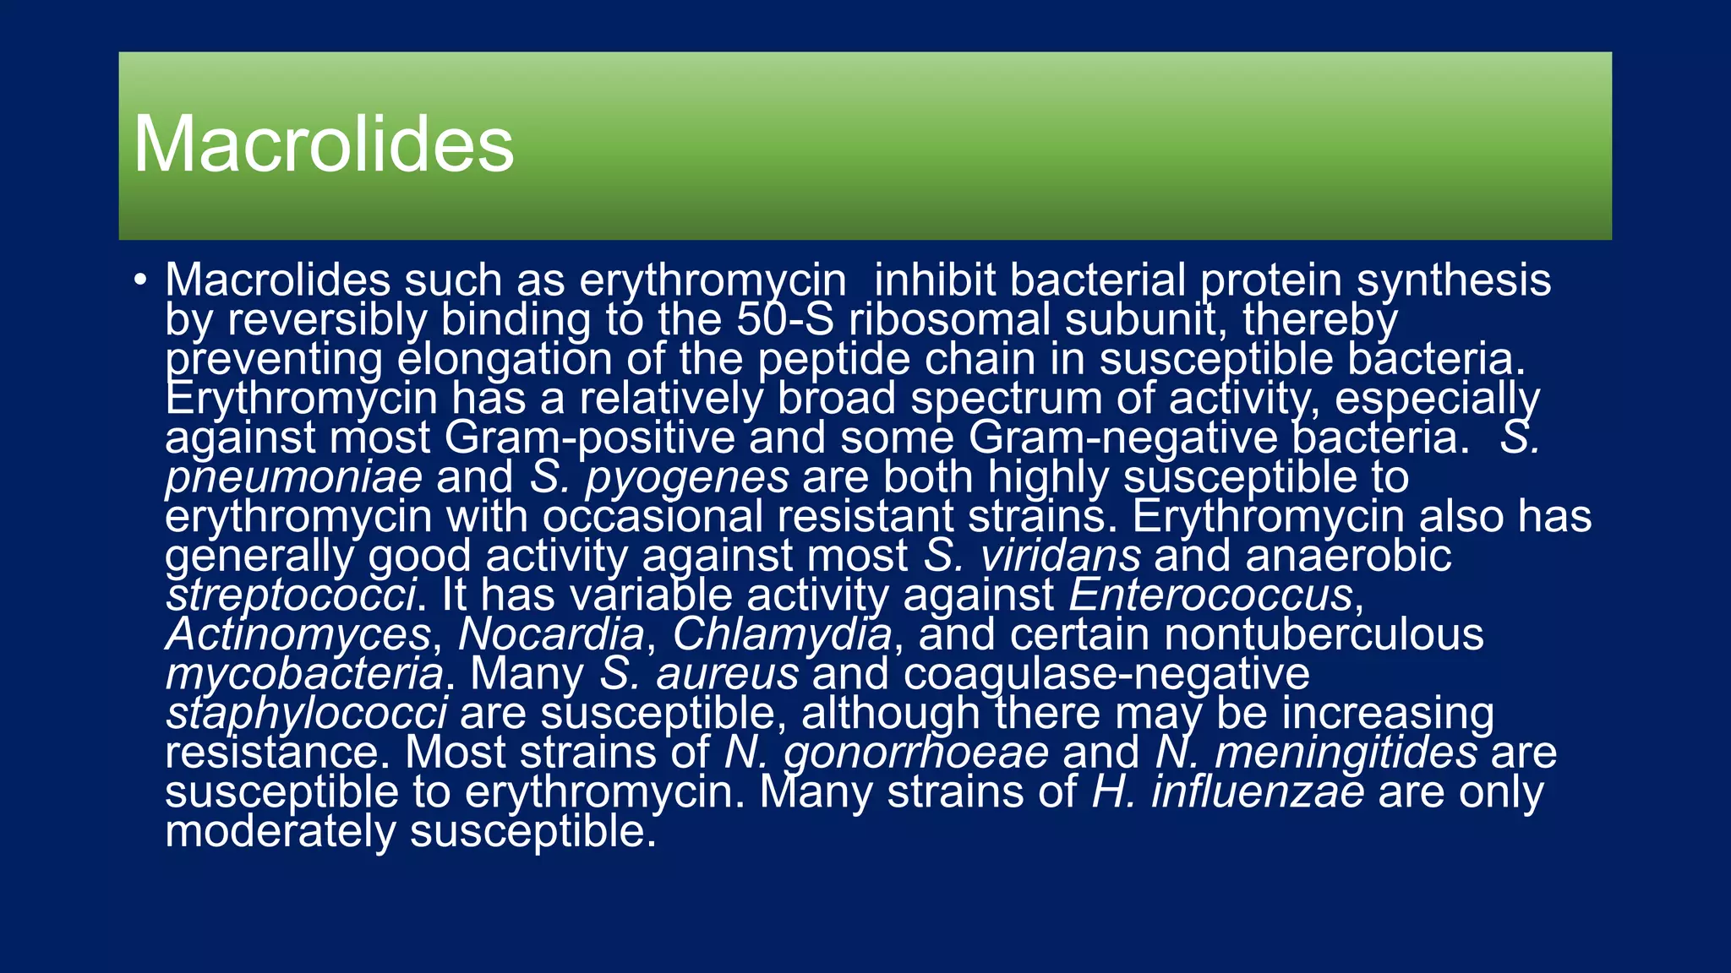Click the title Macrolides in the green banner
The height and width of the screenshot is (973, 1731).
coord(324,144)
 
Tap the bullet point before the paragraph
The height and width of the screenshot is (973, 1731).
coord(140,280)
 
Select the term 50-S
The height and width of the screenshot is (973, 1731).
coord(785,319)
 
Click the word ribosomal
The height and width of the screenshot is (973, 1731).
coord(949,319)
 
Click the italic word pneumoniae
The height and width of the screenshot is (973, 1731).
coord(293,477)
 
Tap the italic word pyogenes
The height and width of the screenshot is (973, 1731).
coord(687,477)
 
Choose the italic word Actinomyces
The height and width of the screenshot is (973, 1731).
coord(298,634)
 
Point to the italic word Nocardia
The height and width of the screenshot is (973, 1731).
coord(551,634)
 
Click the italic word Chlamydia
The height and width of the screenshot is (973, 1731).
coord(782,634)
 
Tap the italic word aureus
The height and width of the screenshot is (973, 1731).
coord(727,674)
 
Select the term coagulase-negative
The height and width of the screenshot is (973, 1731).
coord(1106,674)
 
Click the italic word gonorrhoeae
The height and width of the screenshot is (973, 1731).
coord(916,753)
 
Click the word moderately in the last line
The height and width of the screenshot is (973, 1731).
coord(280,832)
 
